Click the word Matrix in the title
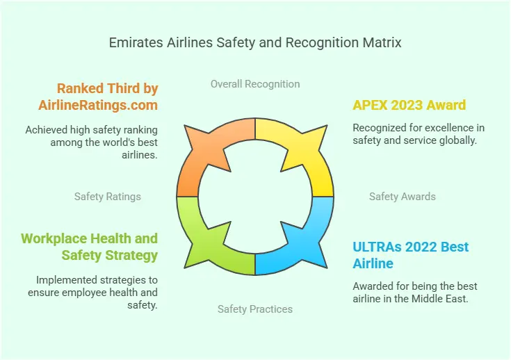pyautogui.click(x=382, y=42)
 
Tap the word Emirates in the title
pyautogui.click(x=136, y=42)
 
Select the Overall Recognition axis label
pyautogui.click(x=255, y=84)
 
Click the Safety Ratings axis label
pyautogui.click(x=108, y=197)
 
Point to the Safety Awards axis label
pyautogui.click(x=402, y=197)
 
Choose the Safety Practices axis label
pyautogui.click(x=255, y=309)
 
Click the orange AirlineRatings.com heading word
pyautogui.click(x=98, y=105)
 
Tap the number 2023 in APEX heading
pyautogui.click(x=407, y=105)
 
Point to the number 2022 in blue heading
pyautogui.click(x=421, y=247)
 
